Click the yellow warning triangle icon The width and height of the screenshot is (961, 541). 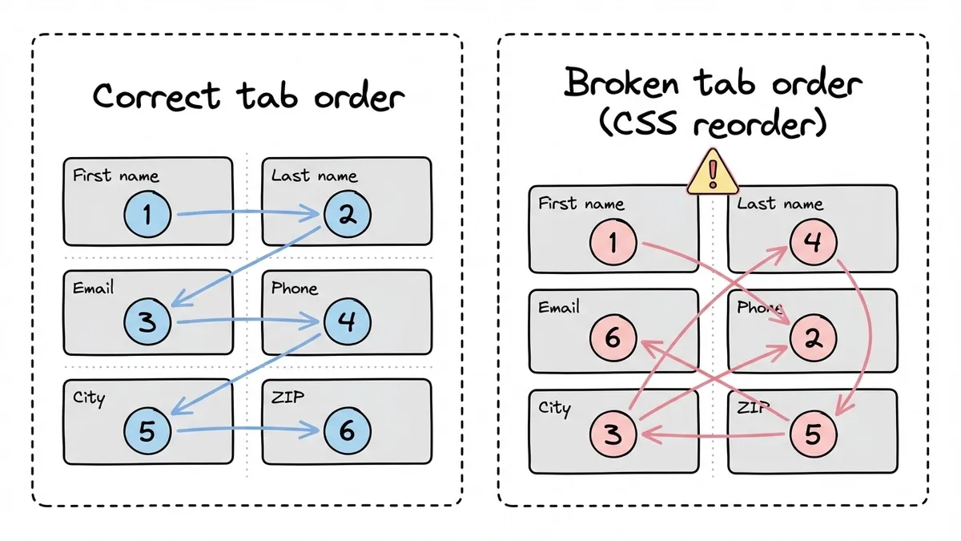[x=711, y=172]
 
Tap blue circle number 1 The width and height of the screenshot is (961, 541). [x=147, y=214]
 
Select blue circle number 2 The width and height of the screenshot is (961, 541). [x=347, y=213]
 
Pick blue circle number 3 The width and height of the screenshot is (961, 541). [x=147, y=322]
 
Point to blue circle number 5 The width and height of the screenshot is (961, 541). [x=147, y=431]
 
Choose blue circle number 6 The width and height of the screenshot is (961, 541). [x=347, y=431]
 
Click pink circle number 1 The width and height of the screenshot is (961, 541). [x=613, y=242]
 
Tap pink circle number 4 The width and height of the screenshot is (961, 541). [x=812, y=242]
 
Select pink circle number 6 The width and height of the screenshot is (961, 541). [x=613, y=338]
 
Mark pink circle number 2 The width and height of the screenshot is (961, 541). [x=812, y=338]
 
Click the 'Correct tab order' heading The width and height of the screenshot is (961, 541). [x=248, y=97]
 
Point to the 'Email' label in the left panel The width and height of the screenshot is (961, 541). [x=93, y=288]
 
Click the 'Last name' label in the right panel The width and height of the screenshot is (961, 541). [x=779, y=204]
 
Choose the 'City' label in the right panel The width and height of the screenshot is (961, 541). [x=554, y=408]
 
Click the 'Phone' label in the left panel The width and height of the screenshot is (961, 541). [x=295, y=288]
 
